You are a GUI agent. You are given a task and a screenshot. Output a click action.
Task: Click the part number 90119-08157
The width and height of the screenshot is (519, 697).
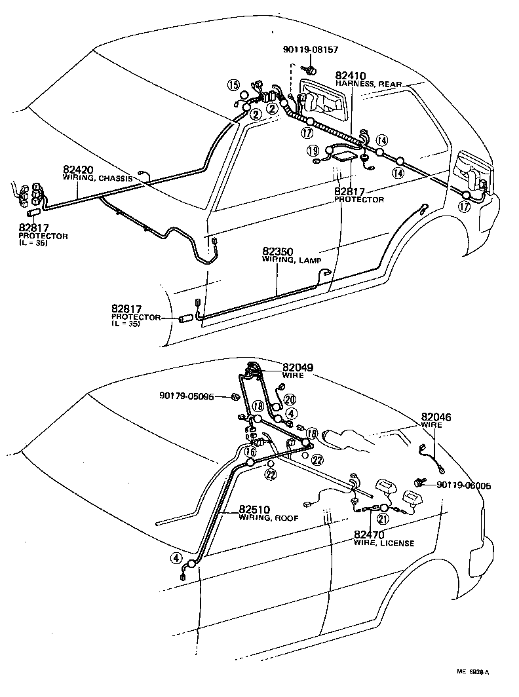[x=311, y=49]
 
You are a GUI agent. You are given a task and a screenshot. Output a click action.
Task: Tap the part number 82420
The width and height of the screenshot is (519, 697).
[x=78, y=169]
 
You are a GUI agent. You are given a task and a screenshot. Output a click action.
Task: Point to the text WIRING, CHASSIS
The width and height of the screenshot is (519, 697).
[x=98, y=178]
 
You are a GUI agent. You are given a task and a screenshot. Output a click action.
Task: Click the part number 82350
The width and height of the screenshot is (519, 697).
[x=278, y=252]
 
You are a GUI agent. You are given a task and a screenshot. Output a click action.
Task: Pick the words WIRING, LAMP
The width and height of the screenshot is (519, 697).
[x=292, y=260]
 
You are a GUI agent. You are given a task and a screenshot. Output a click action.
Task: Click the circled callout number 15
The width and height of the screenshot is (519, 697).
[x=232, y=84]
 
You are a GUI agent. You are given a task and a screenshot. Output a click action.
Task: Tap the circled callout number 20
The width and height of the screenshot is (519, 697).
[x=290, y=399]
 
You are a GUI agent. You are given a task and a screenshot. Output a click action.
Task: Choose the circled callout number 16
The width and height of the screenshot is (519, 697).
[x=250, y=452]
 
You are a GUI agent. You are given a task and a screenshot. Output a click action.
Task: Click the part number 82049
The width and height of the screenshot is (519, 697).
[x=298, y=367]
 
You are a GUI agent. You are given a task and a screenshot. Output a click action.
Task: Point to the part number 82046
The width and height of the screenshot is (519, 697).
[x=436, y=417]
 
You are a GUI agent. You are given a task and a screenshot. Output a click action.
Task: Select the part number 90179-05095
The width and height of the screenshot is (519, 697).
[x=186, y=396]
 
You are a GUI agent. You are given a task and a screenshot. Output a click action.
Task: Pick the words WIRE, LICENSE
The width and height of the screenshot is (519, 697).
[x=383, y=543]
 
